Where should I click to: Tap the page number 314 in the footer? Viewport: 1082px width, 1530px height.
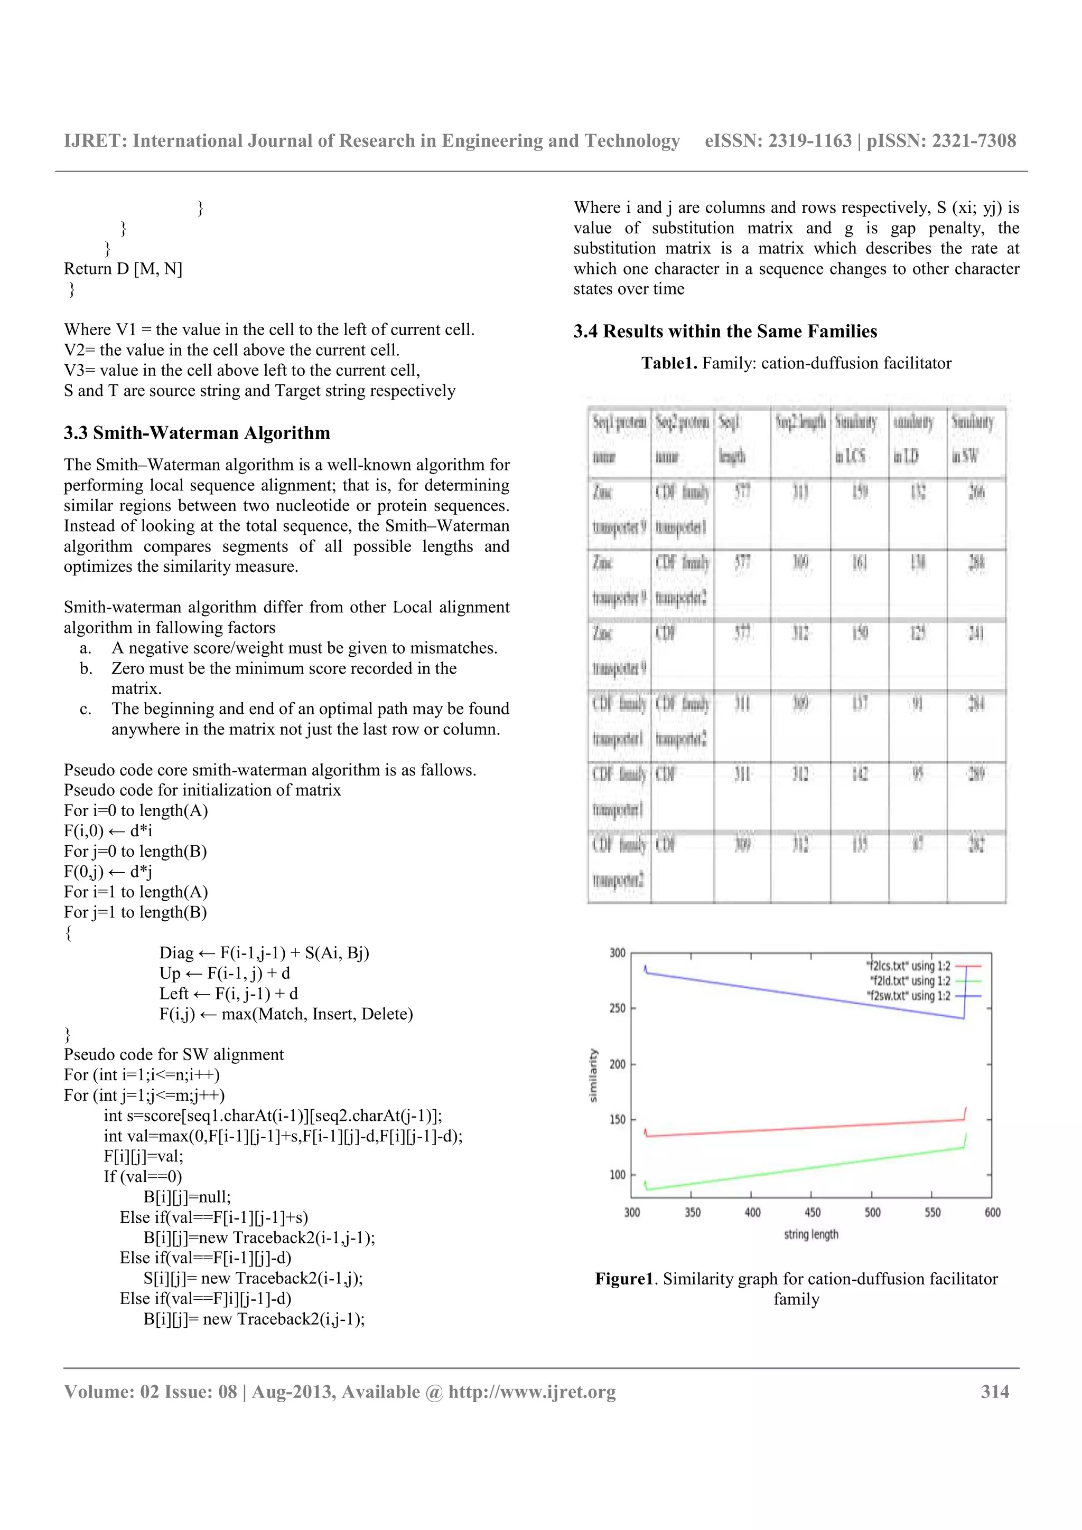coord(995,1392)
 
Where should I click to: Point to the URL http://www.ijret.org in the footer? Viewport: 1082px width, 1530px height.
coord(532,1392)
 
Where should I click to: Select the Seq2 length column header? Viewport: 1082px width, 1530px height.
coord(800,422)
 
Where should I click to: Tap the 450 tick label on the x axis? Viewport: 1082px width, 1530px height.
coord(812,1212)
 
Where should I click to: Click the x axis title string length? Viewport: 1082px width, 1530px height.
coord(810,1234)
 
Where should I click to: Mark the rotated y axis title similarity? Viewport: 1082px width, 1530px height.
coord(593,1075)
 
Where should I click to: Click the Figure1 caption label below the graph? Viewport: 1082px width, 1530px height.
coord(624,1279)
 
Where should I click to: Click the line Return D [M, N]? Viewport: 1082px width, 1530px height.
coord(123,269)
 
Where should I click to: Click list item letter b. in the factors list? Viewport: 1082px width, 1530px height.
coord(86,668)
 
